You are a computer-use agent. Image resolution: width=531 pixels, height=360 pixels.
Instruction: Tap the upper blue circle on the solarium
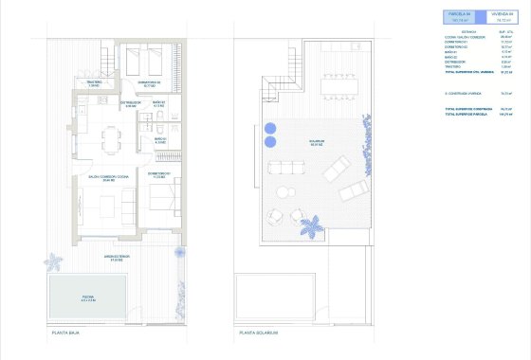270,127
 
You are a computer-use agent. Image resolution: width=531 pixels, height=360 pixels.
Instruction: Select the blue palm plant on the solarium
310,227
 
